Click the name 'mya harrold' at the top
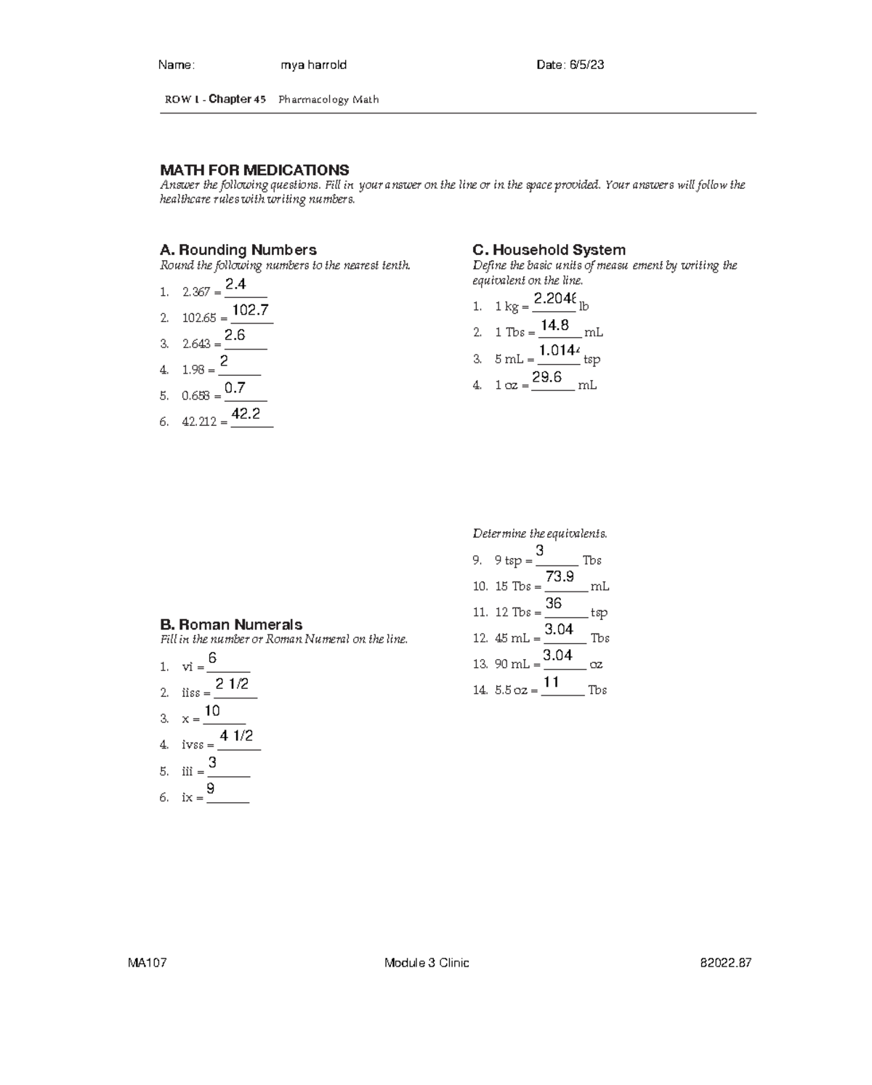pos(313,65)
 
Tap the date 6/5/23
pos(570,65)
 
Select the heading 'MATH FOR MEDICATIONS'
pos(254,170)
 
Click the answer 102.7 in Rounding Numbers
pos(251,310)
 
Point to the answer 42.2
pos(246,414)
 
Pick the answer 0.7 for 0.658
pos(235,388)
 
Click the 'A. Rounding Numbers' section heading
pos(238,250)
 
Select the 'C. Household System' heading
pos(549,250)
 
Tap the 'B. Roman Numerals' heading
pos(231,624)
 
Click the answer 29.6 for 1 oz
pos(546,377)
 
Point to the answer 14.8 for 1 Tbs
pos(554,326)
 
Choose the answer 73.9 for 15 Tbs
pos(560,577)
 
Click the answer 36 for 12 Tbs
pos(553,603)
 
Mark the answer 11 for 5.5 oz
pos(552,682)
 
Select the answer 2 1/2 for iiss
pos(232,684)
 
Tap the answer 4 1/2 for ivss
pos(236,736)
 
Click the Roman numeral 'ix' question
pos(187,797)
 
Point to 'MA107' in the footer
pos(148,963)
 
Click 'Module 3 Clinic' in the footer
pos(427,963)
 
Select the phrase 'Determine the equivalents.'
pos(540,533)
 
